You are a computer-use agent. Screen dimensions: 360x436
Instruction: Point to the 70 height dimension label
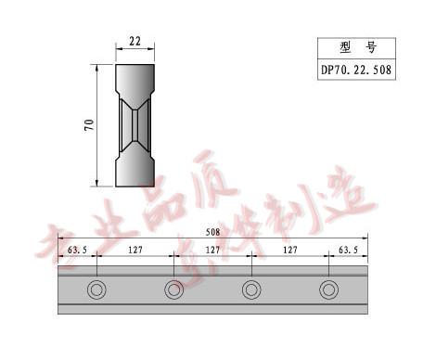pos(90,125)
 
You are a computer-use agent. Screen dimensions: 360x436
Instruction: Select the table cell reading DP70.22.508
pos(356,68)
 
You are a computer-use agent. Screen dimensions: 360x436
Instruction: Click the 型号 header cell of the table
pos(356,46)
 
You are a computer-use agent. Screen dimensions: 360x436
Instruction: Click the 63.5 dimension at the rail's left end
pos(77,250)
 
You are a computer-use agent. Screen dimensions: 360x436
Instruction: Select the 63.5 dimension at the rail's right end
pos(348,250)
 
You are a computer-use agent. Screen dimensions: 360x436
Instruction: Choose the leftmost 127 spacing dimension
pos(135,250)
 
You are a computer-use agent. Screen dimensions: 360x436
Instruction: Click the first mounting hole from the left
pos(96,290)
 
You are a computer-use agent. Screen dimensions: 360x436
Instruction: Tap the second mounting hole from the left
pos(173,290)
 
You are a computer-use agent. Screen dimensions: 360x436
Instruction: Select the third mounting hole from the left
pos(250,290)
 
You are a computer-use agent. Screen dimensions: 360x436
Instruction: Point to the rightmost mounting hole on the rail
pos(328,290)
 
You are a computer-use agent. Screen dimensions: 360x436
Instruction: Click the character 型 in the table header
pos(344,46)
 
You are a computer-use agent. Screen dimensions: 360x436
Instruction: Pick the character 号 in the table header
pos(370,46)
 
